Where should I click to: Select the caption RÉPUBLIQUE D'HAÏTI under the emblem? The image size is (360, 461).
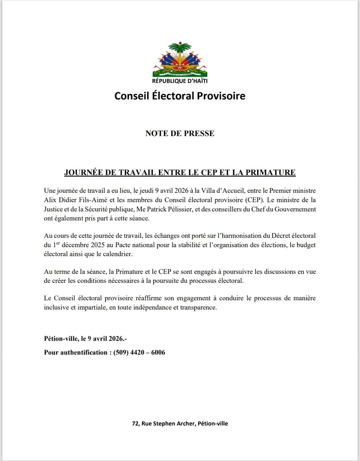pyautogui.click(x=180, y=81)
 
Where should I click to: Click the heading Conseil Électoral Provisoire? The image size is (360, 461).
pyautogui.click(x=180, y=96)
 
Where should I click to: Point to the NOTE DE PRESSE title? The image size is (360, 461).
pyautogui.click(x=180, y=133)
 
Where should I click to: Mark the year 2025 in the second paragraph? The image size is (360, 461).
pyautogui.click(x=98, y=245)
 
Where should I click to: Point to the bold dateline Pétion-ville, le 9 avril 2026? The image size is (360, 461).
pyautogui.click(x=85, y=339)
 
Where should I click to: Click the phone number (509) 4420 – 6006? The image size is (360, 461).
pyautogui.click(x=139, y=353)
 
